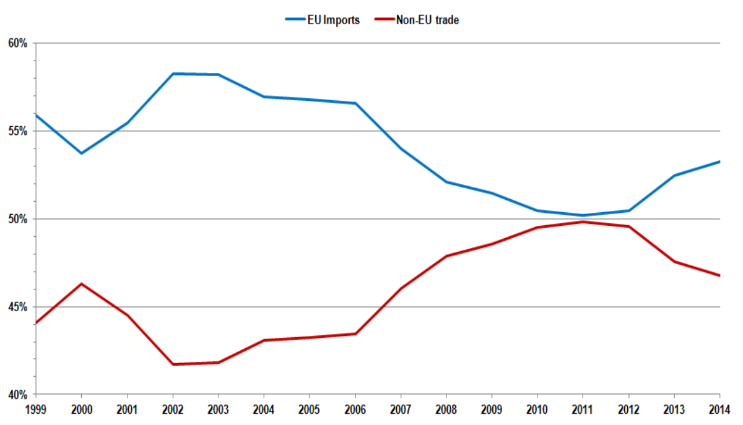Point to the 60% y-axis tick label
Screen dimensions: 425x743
(18, 43)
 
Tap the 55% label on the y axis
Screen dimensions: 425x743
(18, 131)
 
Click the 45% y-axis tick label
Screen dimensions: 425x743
(18, 307)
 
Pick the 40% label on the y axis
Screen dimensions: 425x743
(18, 395)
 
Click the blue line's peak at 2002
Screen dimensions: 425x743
(173, 74)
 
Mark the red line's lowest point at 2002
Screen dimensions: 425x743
(173, 364)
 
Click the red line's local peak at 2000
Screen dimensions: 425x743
(81, 284)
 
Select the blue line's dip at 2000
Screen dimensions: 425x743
(81, 153)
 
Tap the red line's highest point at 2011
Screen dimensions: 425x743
(583, 221)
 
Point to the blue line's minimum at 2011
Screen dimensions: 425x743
(583, 215)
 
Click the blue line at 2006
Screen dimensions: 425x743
(355, 103)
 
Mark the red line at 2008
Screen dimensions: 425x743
(446, 255)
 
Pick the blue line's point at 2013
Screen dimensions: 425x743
(674, 176)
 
